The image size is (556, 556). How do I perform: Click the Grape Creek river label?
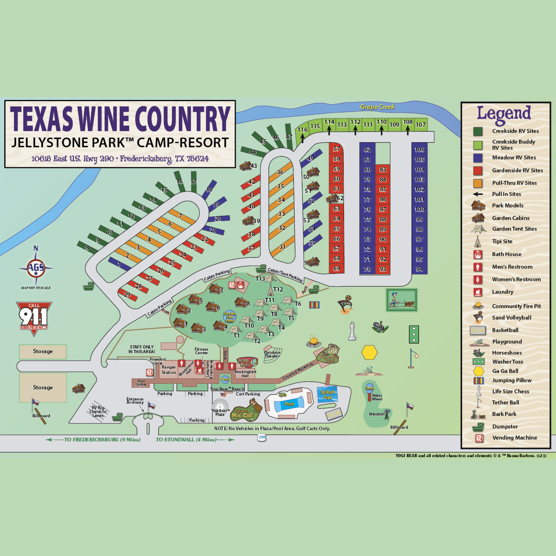point(377,107)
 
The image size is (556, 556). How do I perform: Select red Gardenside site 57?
point(336,149)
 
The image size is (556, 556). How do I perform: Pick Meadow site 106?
point(419,149)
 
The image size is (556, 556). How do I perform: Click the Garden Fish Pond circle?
point(229,317)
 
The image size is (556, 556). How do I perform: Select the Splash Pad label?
point(327,394)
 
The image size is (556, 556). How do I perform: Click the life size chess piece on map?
point(352,331)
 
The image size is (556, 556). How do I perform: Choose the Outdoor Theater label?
point(272,354)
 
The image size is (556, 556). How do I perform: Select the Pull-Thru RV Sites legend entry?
point(514,183)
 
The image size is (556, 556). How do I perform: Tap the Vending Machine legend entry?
point(514,438)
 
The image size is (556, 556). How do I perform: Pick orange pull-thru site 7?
point(181,216)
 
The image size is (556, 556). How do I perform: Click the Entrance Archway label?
point(135,401)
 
